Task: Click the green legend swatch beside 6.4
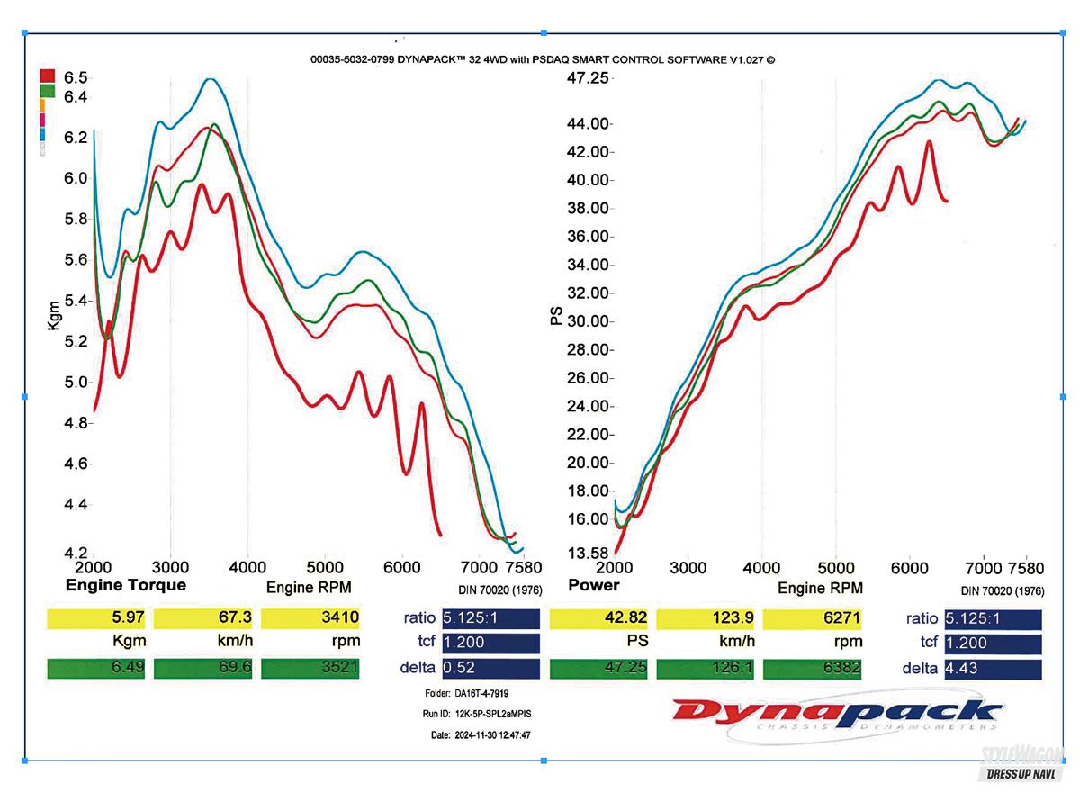click(48, 91)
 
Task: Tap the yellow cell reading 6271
click(813, 618)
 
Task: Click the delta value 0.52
click(490, 669)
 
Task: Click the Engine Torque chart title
click(126, 586)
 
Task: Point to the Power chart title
click(594, 586)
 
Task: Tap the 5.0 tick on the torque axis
click(76, 382)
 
